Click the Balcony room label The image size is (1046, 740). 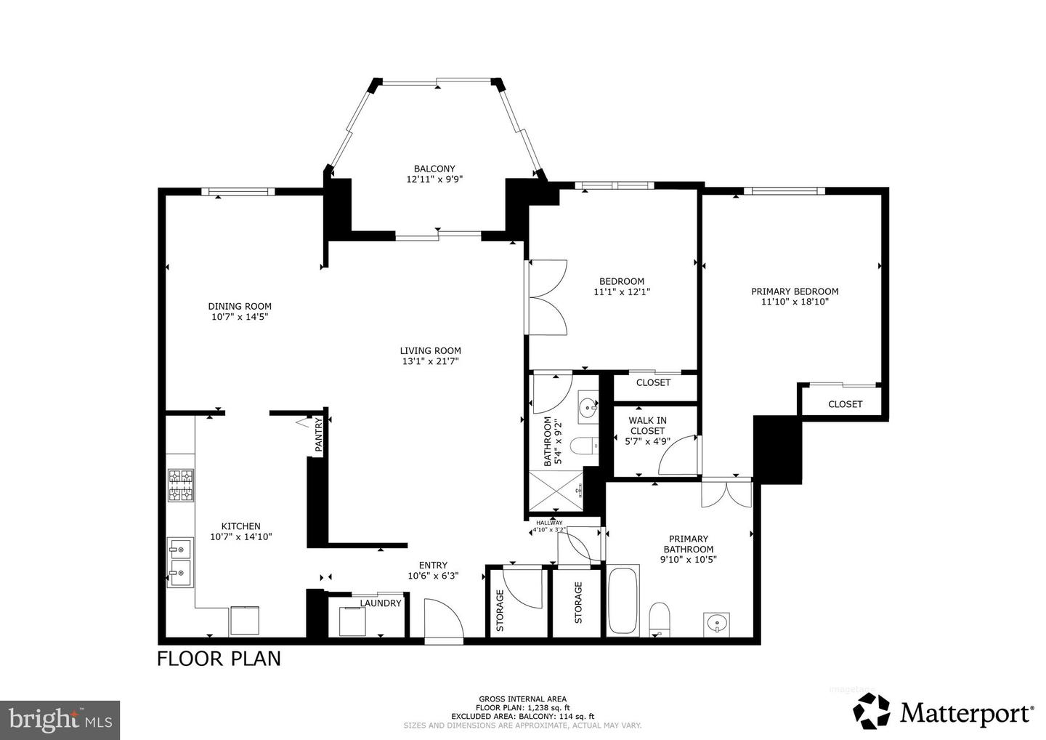pyautogui.click(x=434, y=169)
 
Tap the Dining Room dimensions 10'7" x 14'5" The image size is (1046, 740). pyautogui.click(x=240, y=317)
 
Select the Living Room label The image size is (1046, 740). pyautogui.click(x=430, y=350)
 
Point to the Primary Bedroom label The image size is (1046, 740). pyautogui.click(x=795, y=291)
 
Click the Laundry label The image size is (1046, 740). pyautogui.click(x=381, y=603)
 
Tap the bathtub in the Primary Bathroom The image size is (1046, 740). pyautogui.click(x=623, y=601)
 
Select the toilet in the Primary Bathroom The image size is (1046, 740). pyautogui.click(x=660, y=617)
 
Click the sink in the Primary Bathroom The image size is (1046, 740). pyautogui.click(x=717, y=623)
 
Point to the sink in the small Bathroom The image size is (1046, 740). pyautogui.click(x=587, y=408)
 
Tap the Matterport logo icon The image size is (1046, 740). pyautogui.click(x=871, y=711)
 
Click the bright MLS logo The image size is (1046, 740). pyautogui.click(x=60, y=720)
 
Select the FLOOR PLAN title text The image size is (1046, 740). pyautogui.click(x=219, y=659)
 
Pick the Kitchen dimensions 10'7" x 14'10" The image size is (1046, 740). pyautogui.click(x=240, y=537)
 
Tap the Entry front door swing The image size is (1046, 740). pyautogui.click(x=442, y=619)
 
